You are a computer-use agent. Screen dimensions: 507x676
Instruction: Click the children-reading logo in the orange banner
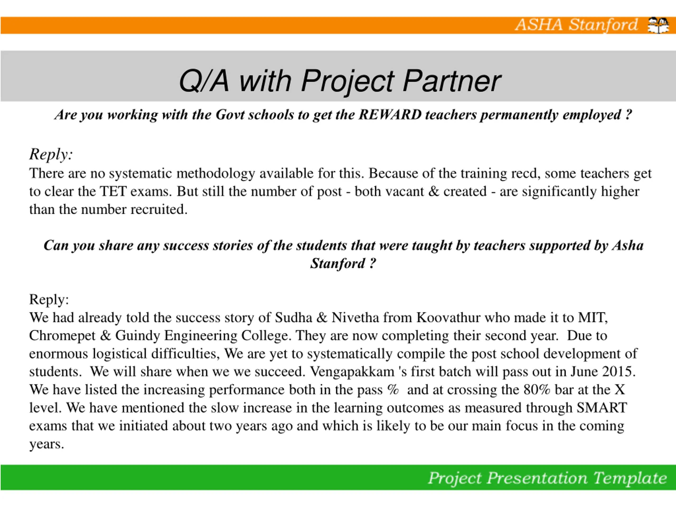click(x=658, y=25)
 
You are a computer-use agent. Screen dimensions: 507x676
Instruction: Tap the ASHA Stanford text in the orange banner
click(x=576, y=25)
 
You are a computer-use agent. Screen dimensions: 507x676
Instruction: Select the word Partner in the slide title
click(x=452, y=81)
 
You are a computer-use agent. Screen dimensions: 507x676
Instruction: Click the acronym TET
click(x=113, y=192)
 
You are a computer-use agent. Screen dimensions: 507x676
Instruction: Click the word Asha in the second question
click(x=628, y=246)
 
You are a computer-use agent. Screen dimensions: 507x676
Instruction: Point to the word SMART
click(x=602, y=408)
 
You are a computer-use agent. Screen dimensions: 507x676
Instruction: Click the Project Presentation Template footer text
click(x=547, y=478)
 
